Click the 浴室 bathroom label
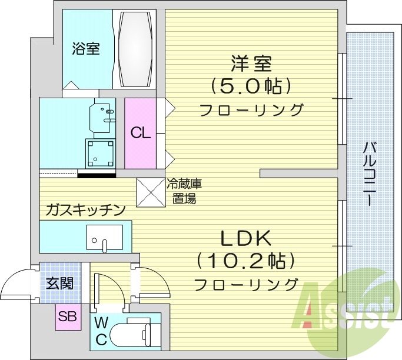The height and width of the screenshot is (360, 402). coord(86,49)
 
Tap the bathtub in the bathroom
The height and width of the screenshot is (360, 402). coord(136,49)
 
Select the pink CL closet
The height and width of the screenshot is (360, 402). coord(140,133)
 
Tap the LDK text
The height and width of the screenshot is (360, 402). coord(245,238)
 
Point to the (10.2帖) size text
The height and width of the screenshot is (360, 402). coord(245,261)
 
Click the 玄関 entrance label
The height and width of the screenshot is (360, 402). coord(59,284)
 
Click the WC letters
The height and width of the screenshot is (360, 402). coord(101,331)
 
